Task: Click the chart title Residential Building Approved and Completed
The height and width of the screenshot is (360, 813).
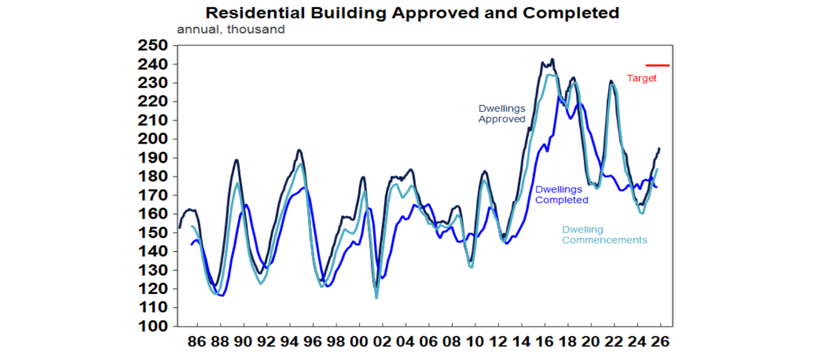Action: pos(412,12)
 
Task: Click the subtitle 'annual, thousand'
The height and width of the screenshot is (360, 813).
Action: pos(230,29)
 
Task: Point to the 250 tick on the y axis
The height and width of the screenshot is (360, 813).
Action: pos(153,46)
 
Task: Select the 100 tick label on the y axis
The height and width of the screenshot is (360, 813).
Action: pos(153,326)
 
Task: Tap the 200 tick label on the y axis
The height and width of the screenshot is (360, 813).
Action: pos(153,139)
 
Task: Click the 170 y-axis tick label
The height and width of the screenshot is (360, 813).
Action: pos(153,195)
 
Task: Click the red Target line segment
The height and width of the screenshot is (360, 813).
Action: pos(657,66)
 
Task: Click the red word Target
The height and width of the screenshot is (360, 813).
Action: pos(642,78)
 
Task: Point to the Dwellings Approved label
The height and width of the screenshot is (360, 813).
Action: pos(502,114)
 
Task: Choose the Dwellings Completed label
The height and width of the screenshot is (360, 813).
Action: pos(562,194)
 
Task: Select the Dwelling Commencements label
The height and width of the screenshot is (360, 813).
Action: pos(604,235)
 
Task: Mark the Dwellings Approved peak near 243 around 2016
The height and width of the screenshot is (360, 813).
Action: pos(553,59)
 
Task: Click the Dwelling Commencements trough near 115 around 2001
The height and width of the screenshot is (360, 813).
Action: pos(376,298)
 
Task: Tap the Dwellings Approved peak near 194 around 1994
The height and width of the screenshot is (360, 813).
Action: pos(299,150)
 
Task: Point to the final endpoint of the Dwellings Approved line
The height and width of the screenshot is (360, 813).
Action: pos(659,148)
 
